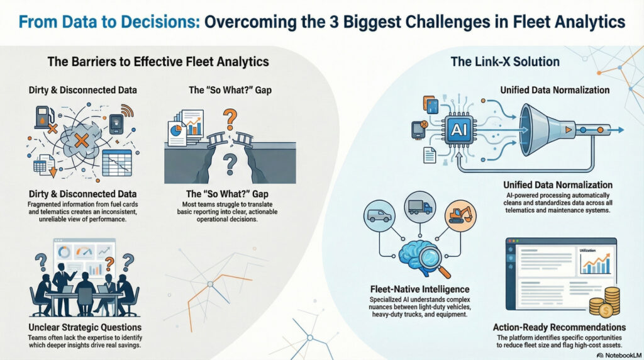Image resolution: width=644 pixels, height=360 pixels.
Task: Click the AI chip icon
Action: click(x=458, y=130)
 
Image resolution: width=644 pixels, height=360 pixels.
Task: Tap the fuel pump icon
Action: click(x=43, y=117)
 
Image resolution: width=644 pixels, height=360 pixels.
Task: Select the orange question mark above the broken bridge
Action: click(x=230, y=119)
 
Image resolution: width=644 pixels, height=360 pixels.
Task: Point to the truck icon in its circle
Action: click(x=420, y=207)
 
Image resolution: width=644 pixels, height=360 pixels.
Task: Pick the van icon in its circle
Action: click(x=379, y=215)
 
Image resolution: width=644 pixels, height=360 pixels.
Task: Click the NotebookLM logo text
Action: click(x=619, y=355)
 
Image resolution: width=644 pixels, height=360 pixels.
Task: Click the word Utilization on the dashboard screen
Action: click(x=587, y=250)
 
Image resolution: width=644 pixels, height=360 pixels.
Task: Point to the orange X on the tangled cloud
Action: click(x=81, y=140)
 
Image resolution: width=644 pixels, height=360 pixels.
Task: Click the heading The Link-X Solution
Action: click(x=505, y=62)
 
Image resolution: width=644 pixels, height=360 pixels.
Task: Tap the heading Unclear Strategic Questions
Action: click(x=85, y=327)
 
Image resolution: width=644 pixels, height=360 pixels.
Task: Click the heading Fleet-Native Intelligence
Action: click(x=419, y=290)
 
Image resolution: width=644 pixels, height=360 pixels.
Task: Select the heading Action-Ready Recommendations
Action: click(x=559, y=327)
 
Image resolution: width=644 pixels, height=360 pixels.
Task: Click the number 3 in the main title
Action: click(x=335, y=21)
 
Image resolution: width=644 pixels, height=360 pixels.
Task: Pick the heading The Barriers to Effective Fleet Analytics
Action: click(x=158, y=62)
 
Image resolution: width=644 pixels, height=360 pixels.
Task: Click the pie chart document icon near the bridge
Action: click(x=177, y=133)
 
